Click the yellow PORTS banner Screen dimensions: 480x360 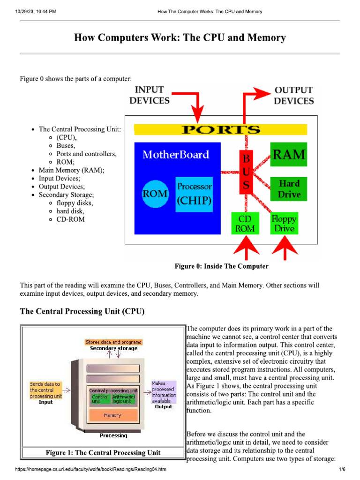click(220, 129)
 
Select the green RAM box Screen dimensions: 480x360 click(288, 154)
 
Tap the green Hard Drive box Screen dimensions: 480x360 click(289, 188)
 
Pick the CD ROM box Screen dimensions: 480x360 click(245, 224)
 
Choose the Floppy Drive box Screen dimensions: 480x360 click(284, 224)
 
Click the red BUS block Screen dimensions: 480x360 click(245, 172)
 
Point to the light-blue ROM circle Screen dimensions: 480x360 click(155, 193)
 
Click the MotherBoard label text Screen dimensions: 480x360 click(176, 154)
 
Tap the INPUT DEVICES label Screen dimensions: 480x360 click(149, 95)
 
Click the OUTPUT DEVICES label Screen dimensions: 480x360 click(294, 95)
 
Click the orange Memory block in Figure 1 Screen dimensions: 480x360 click(112, 415)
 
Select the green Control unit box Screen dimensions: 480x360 click(100, 399)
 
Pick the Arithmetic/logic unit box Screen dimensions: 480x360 click(123, 399)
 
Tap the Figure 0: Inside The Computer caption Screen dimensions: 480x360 click(221, 266)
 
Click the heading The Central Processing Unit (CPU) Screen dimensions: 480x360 click(82, 311)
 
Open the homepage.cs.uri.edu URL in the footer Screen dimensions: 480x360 click(91, 470)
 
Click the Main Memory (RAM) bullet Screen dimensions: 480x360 click(71, 170)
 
